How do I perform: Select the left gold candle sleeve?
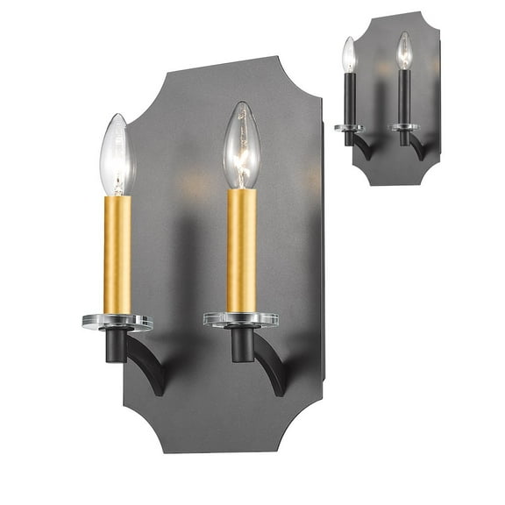point(117,253)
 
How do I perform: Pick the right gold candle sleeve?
point(241,249)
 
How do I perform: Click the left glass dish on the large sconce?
point(117,322)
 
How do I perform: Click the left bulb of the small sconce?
point(349,54)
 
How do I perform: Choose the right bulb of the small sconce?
point(403,51)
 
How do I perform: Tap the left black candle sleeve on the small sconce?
point(349,98)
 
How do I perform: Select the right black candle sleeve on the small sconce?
point(403,96)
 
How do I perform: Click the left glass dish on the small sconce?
point(349,128)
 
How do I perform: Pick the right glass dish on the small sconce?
point(403,127)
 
